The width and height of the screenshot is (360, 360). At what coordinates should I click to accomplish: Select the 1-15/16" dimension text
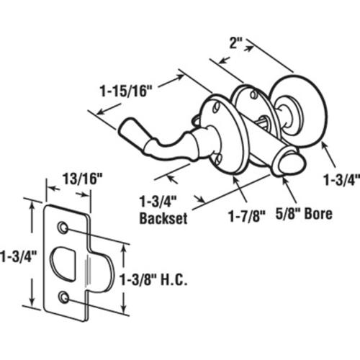127,91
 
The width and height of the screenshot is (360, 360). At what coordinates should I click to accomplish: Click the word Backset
163,218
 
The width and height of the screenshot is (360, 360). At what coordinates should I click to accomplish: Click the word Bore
318,214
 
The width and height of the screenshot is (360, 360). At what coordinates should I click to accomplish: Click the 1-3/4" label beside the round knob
342,180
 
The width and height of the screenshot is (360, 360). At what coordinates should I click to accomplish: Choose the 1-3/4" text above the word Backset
158,201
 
